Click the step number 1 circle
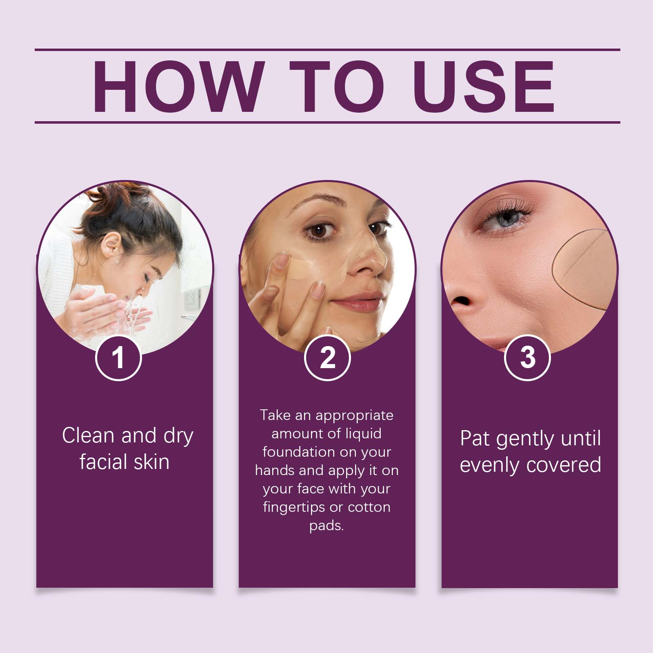(x=118, y=358)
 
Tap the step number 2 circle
(x=327, y=358)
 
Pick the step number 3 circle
(x=528, y=358)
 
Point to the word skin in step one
(x=151, y=462)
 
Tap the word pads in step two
(x=326, y=525)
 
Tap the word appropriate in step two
(x=355, y=416)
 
